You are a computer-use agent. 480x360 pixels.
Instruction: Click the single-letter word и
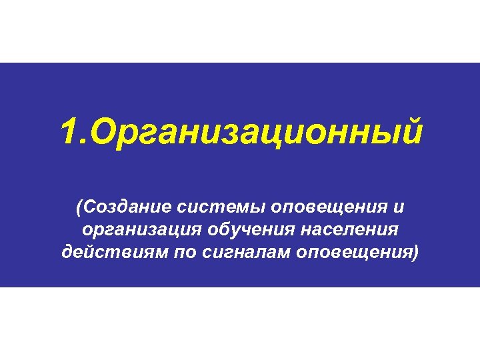[398, 207]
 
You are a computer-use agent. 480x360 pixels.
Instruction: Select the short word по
[177, 254]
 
